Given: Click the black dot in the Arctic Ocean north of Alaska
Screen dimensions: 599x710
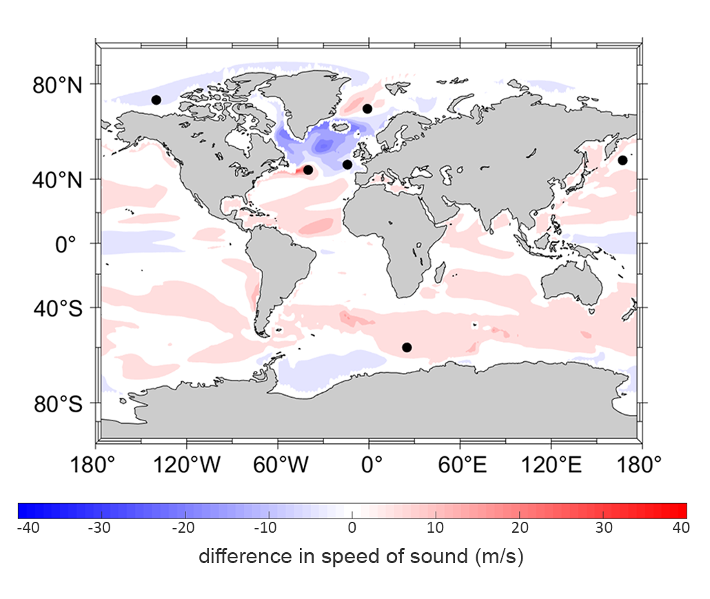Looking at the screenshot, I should (x=156, y=100).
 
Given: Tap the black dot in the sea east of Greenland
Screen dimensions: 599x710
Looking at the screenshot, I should (x=367, y=108).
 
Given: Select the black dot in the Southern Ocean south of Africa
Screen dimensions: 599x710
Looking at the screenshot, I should (x=407, y=347).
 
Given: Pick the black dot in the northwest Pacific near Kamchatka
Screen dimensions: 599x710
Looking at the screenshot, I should (x=622, y=161).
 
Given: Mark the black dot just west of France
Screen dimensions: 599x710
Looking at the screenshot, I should (x=347, y=165).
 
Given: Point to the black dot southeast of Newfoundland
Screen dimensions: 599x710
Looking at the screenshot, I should (x=308, y=170).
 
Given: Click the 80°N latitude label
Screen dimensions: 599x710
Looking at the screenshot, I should (x=57, y=86).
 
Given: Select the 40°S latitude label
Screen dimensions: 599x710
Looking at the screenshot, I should (x=57, y=308).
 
